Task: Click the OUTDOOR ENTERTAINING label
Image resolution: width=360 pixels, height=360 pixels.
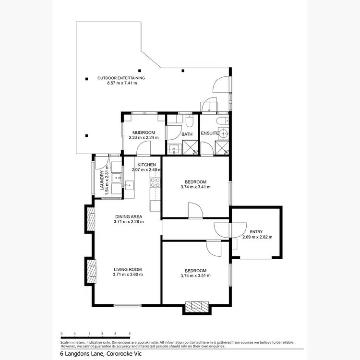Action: (121, 78)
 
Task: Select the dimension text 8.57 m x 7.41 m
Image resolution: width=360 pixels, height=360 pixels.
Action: (122, 83)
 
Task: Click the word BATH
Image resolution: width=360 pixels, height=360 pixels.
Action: (187, 134)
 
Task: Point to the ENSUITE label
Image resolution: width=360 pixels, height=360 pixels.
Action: (209, 133)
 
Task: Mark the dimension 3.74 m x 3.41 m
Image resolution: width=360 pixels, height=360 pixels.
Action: (195, 187)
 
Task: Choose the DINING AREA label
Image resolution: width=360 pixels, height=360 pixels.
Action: (129, 216)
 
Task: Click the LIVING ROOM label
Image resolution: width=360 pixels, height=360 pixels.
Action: (128, 269)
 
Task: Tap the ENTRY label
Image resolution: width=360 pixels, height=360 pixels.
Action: (256, 232)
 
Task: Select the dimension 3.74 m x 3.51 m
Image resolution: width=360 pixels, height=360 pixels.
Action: (195, 276)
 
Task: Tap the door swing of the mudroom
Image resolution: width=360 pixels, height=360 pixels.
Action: (144, 150)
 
